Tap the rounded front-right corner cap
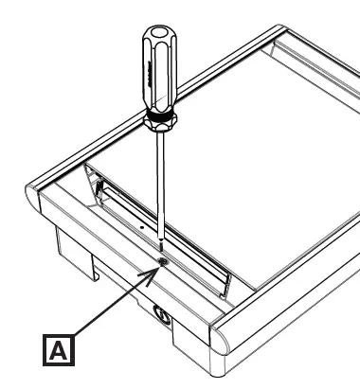point(232,340)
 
